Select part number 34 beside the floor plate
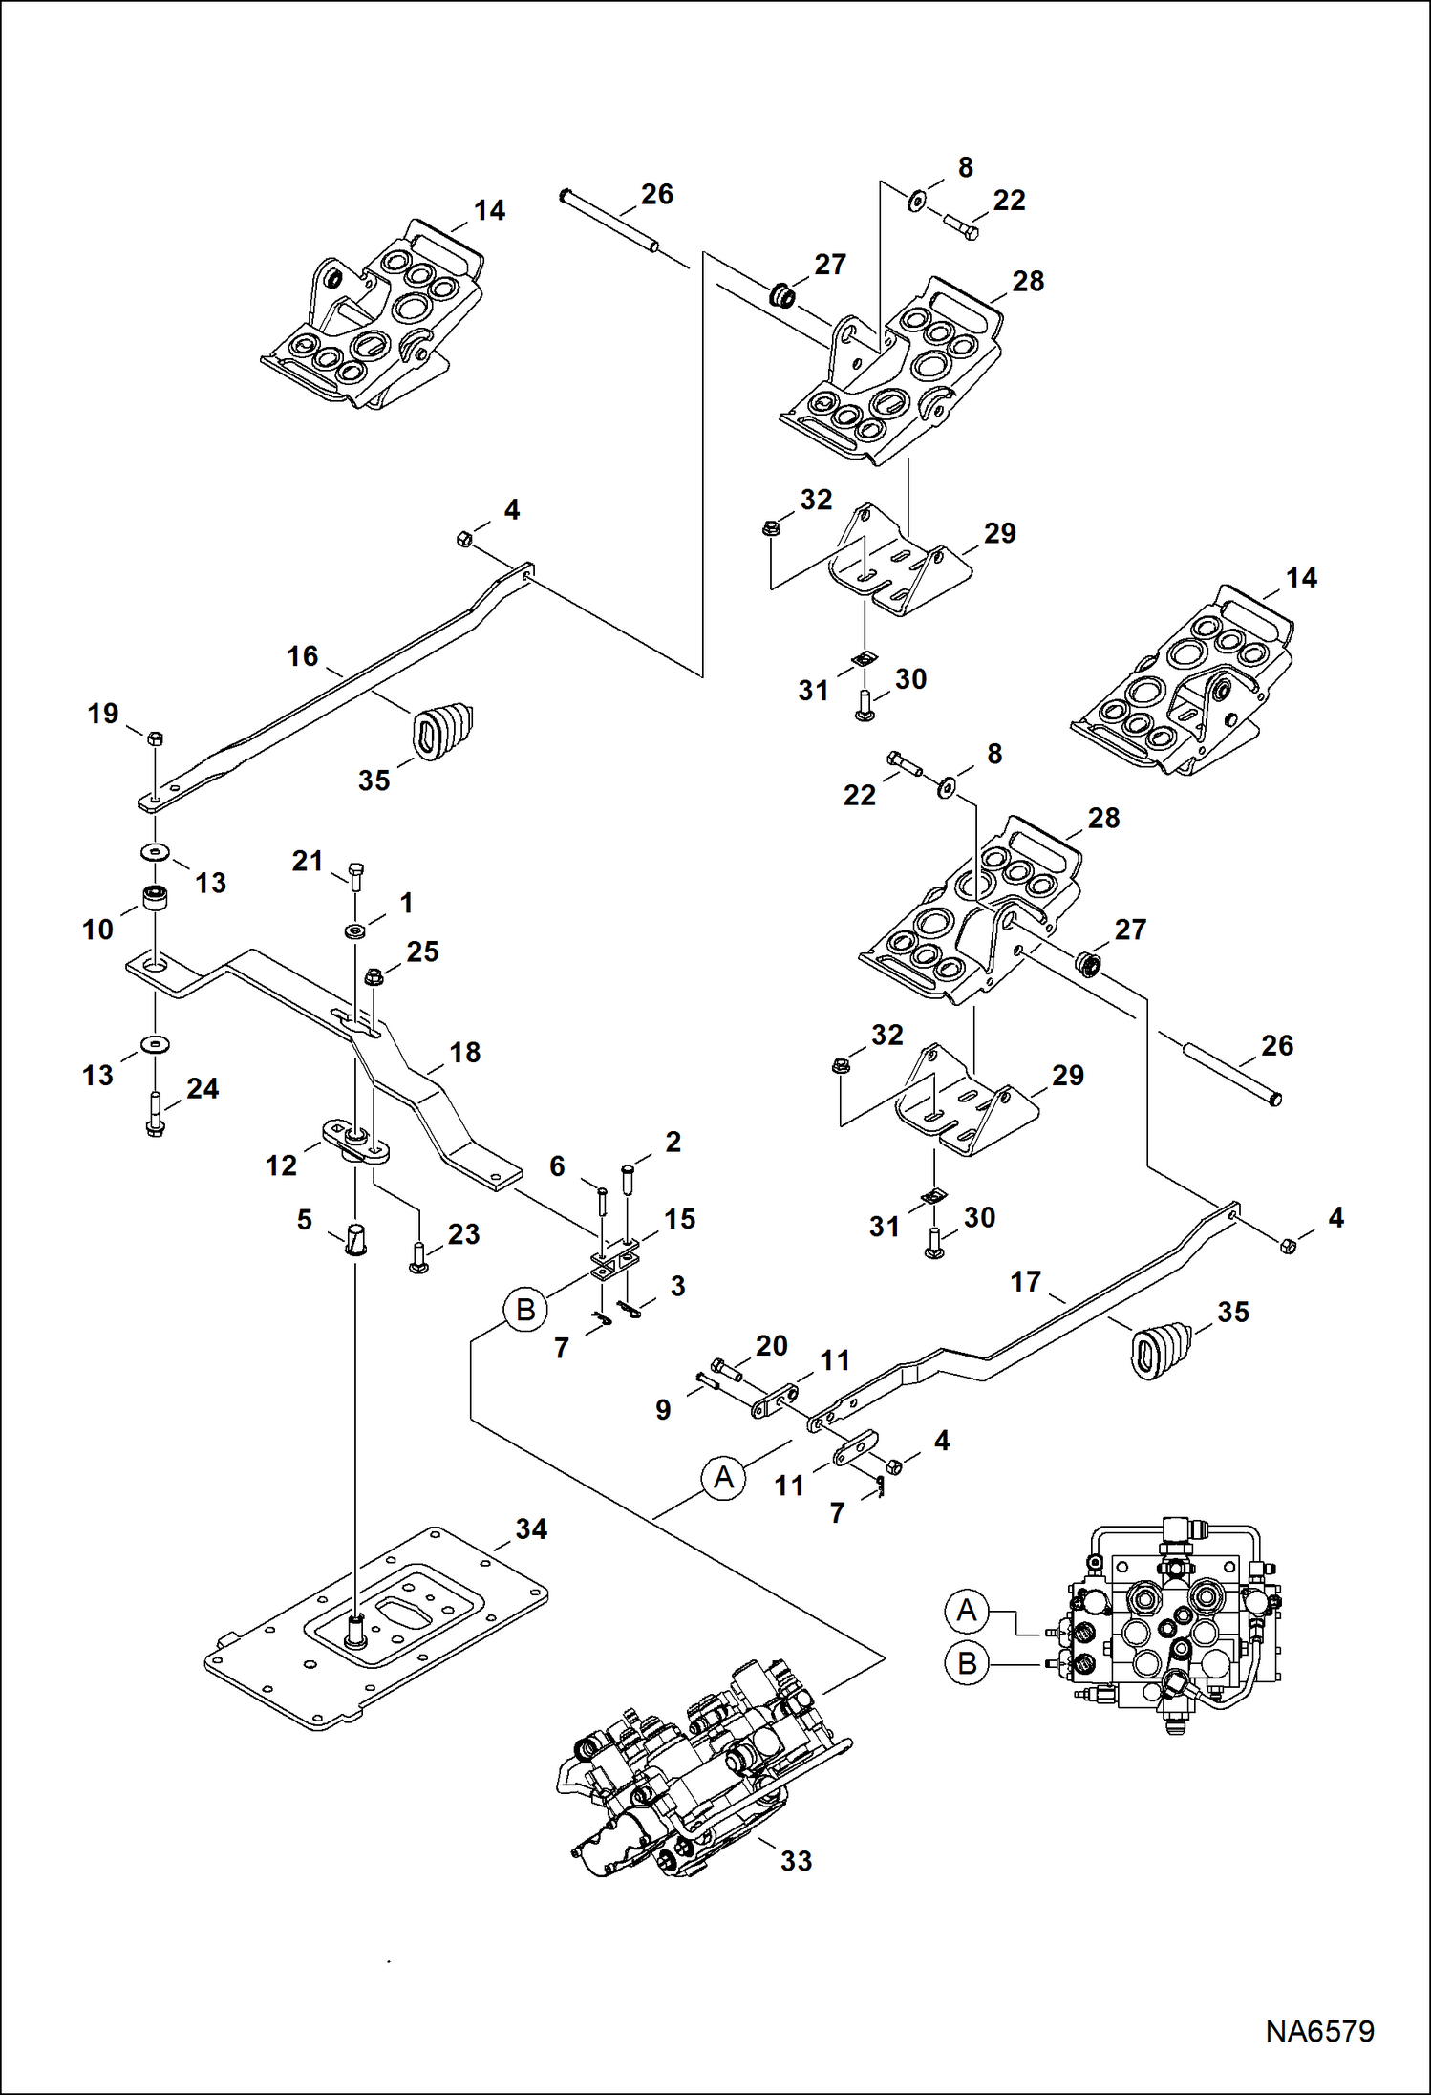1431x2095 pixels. [531, 1529]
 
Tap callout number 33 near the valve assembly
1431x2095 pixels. [796, 1861]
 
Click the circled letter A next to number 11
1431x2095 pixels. [723, 1478]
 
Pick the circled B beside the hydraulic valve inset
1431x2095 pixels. [967, 1664]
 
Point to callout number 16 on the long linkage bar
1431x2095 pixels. [303, 656]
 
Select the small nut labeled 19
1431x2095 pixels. [155, 738]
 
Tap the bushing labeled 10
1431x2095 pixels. [155, 900]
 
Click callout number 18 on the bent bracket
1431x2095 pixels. [465, 1053]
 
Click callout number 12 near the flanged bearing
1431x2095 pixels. [281, 1165]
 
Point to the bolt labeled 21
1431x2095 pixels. [355, 874]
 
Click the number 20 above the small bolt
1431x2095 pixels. [771, 1346]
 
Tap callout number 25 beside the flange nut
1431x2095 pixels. [422, 951]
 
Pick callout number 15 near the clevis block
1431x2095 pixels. [679, 1219]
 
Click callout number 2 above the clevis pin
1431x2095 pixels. [673, 1142]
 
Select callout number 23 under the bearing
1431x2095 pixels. [463, 1234]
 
